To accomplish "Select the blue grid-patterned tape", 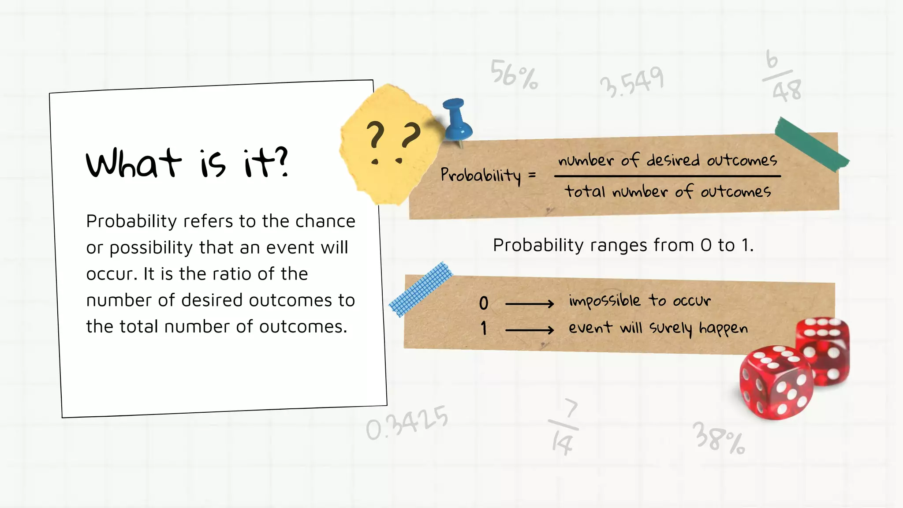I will pyautogui.click(x=421, y=289).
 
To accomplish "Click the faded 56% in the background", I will pyautogui.click(x=514, y=74).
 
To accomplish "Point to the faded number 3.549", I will pyautogui.click(x=631, y=82).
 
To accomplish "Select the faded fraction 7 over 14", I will pyautogui.click(x=564, y=427).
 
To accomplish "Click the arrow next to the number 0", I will pyautogui.click(x=529, y=303).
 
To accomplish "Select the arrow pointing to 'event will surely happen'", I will pyautogui.click(x=529, y=329).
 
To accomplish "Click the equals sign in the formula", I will pyautogui.click(x=532, y=175).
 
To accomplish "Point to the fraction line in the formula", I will pyautogui.click(x=667, y=176).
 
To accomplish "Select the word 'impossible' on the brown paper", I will pyautogui.click(x=604, y=301).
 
